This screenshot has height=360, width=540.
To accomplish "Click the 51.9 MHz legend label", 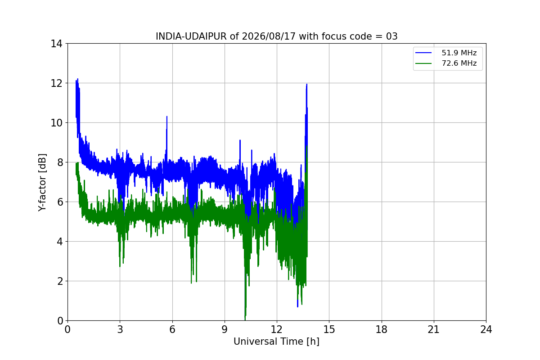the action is pos(459,53).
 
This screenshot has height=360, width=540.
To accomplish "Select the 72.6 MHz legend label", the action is pos(459,63).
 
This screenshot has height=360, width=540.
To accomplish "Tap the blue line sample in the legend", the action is pos(423,53).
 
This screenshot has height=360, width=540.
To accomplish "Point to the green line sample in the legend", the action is pos(423,63).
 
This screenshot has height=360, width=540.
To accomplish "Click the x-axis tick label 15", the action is pos(329,329).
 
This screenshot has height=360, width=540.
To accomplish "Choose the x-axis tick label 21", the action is pos(434,329).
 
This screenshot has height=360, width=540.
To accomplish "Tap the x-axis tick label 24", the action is pos(486,329).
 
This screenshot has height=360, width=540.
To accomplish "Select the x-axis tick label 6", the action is pos(172,329).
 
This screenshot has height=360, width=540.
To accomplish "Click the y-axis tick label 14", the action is pos(56,44).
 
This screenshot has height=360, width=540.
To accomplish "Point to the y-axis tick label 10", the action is pos(56,123).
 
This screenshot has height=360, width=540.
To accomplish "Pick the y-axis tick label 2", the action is pos(59,281).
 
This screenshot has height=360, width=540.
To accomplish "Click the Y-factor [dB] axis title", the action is pos(42,183).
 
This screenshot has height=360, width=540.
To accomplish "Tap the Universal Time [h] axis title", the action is pos(276,342).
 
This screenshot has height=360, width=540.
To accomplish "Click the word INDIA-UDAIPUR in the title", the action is pos(191,36).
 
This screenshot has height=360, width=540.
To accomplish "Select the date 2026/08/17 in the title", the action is pos(269,36).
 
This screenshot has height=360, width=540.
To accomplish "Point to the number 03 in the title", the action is pos(392,36).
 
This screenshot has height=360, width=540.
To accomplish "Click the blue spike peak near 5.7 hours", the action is pos(167,117).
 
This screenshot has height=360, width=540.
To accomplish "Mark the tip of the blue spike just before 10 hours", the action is pos(240,140).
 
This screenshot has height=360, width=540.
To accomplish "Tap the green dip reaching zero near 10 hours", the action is pos(245,320).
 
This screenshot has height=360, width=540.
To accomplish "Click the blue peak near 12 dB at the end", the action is pos(306,84).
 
